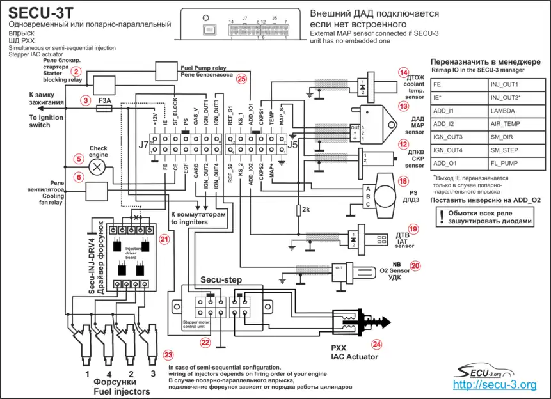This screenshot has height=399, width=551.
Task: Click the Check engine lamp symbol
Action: pos(97,168)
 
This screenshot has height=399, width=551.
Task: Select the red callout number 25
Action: pos(241,79)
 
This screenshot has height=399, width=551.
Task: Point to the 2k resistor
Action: pos(298,210)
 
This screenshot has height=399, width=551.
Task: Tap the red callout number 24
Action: pos(376,343)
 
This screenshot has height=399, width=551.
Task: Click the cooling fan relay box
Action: pos(97,191)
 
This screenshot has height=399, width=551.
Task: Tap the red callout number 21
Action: pos(164,239)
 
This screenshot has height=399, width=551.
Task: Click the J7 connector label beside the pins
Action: pos(143,145)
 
